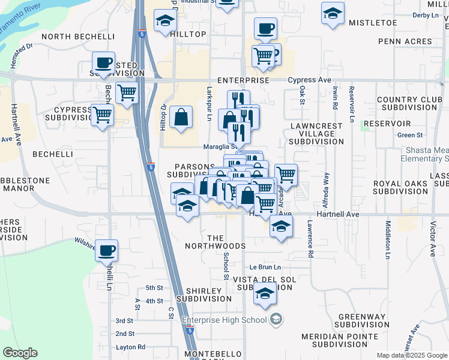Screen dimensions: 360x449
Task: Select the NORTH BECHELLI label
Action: [78, 37]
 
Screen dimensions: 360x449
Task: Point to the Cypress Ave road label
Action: [309, 80]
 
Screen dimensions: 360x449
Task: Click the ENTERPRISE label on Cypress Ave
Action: [243, 80]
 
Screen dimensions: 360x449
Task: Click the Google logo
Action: [20, 353]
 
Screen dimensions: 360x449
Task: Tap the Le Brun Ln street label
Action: [265, 267]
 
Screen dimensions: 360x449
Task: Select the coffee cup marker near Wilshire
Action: [107, 250]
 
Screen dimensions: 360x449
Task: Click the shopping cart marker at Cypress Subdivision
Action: [103, 114]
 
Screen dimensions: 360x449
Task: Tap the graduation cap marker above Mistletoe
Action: [333, 13]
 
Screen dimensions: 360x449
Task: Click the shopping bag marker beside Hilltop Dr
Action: [181, 117]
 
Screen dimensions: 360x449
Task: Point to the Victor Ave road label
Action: [433, 241]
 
